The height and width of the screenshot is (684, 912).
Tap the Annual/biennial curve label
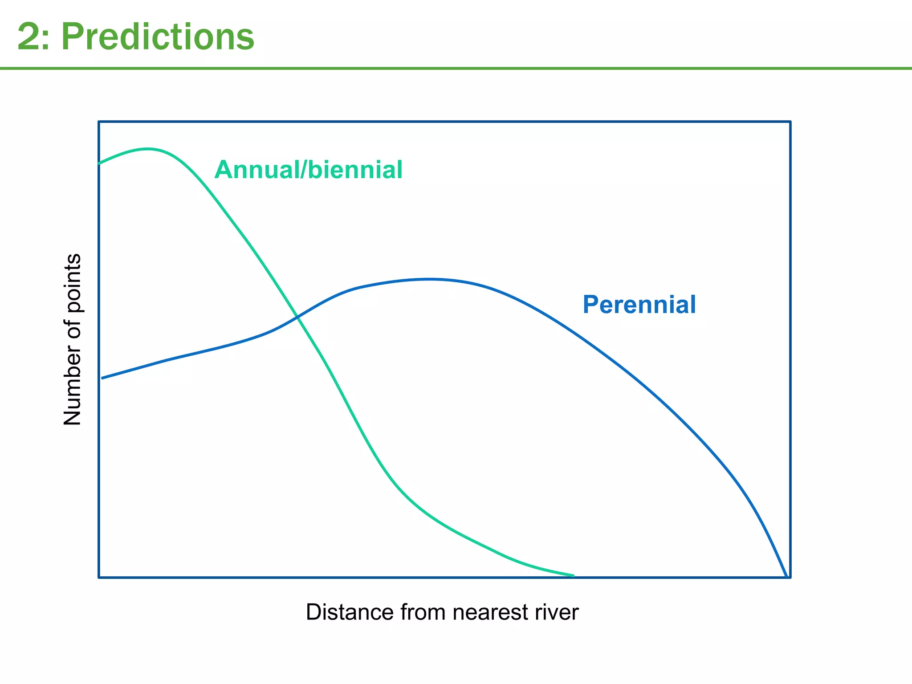coord(308,170)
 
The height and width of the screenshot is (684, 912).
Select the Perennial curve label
coord(639,305)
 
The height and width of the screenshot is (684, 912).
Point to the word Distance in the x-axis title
coord(349,612)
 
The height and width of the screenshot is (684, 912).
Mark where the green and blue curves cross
coord(297,317)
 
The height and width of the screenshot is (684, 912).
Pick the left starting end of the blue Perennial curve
coord(102,378)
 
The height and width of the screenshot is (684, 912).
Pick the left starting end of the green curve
coord(99,163)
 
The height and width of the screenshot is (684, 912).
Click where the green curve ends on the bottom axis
coord(573,576)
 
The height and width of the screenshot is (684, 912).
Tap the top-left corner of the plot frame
coord(99,121)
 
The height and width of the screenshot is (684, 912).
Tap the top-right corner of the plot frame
coord(790,121)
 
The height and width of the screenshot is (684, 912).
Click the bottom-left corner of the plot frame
coord(99,578)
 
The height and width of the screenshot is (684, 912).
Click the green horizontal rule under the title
coord(456,68)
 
